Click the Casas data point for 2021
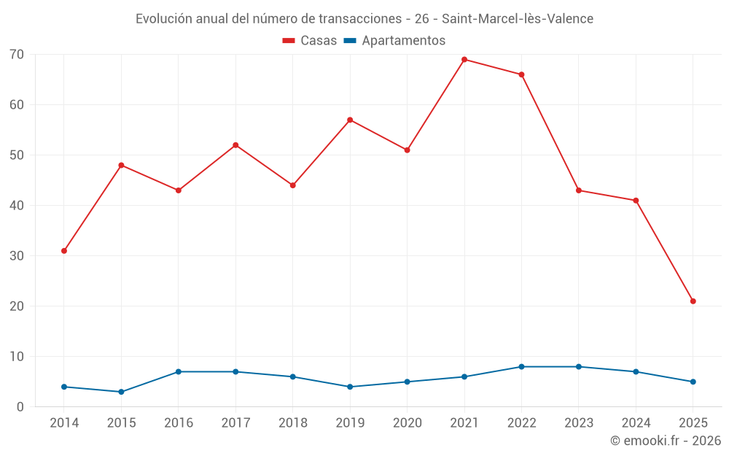point(464,60)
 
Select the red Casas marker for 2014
point(64,251)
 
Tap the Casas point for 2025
point(693,301)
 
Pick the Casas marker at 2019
point(350,120)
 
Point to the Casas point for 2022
point(521,74)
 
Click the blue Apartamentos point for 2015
point(121,392)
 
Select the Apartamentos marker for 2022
point(521,367)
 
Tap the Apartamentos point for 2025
point(693,382)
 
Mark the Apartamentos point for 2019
point(350,387)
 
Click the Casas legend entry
point(310,41)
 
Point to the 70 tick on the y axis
point(17,55)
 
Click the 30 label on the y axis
point(17,256)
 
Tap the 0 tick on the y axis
point(20,407)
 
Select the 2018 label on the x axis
point(293,423)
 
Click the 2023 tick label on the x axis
point(579,423)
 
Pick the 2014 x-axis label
point(64,423)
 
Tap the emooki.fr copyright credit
point(665,441)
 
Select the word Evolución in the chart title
point(164,18)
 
